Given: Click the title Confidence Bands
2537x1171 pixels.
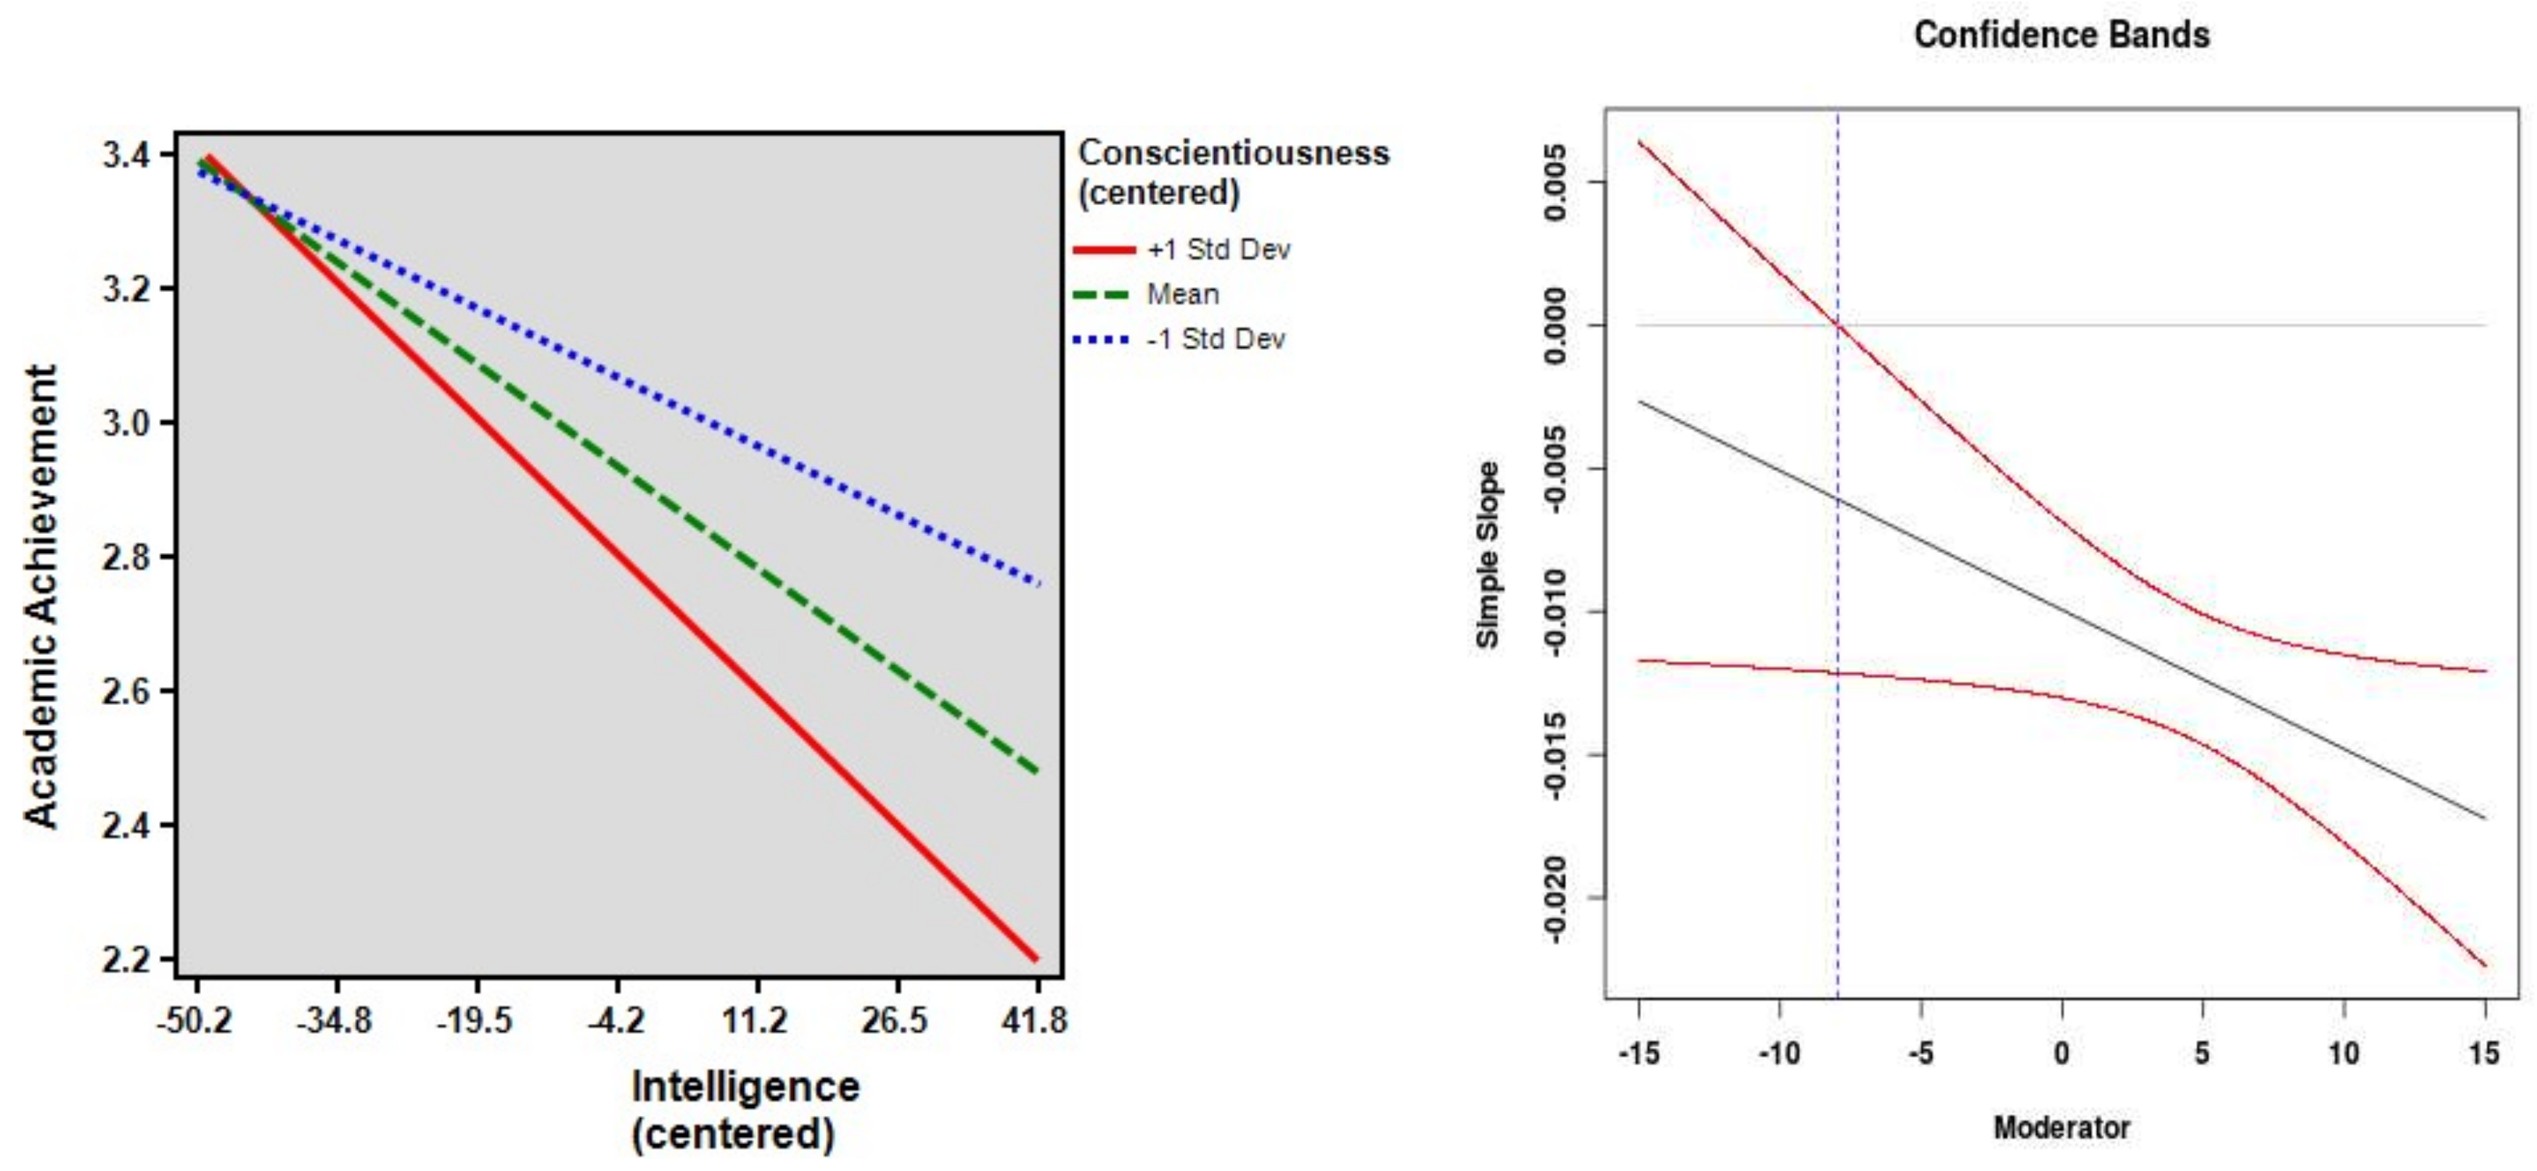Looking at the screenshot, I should coord(2061,35).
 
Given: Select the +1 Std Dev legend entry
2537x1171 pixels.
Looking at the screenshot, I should coord(1218,250).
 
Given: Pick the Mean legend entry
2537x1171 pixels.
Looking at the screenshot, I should coord(1182,294).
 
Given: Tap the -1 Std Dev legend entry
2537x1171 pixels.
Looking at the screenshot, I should coord(1215,340).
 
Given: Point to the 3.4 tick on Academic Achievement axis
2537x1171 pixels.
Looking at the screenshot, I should coord(127,155).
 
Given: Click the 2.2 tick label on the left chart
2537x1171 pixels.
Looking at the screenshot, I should coord(127,958).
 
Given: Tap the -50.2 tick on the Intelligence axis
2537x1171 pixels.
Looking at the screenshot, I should coord(196,1020).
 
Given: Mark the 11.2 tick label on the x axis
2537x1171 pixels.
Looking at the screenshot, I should coord(755,1020).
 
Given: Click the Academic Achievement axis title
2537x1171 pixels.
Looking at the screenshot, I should coord(41,596).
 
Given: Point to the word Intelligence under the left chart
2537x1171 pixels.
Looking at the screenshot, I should coord(745,1088).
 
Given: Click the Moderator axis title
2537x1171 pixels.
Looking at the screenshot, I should coord(2061,1128).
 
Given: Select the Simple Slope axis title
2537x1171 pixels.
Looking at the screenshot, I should coord(1487,554).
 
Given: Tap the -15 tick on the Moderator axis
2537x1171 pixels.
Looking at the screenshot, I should coord(1639,1054).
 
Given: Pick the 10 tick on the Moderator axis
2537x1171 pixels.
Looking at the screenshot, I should coord(2344,1054).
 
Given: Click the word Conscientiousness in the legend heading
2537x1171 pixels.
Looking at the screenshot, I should coord(1234,153).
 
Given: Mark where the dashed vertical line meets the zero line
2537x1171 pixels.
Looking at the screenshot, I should coord(1838,325).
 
